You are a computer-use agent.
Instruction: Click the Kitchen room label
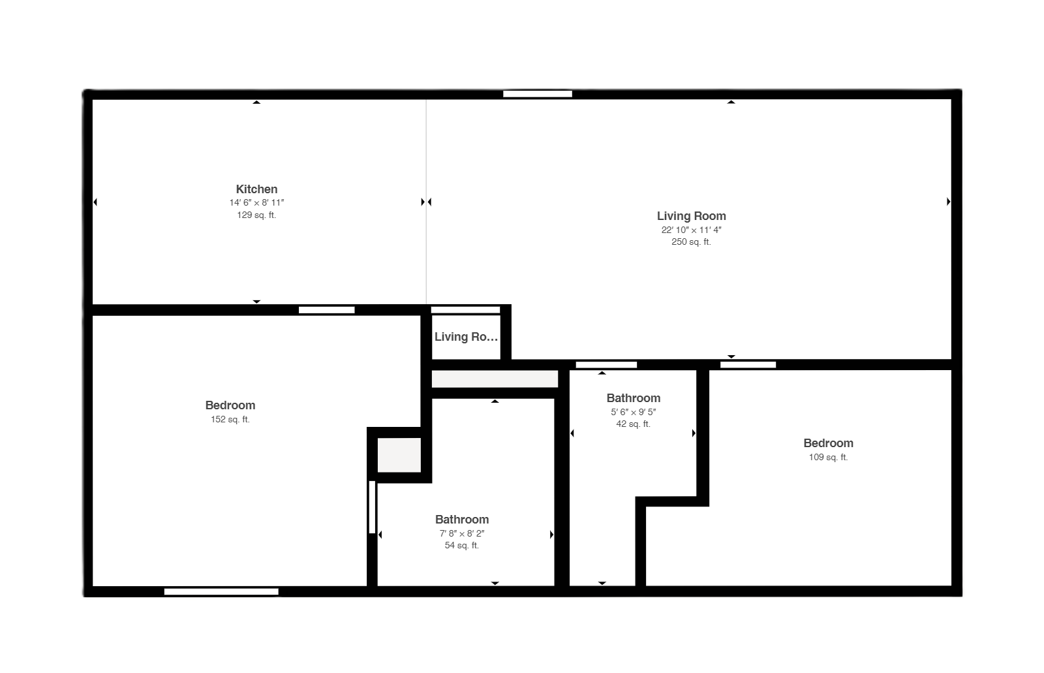pos(256,189)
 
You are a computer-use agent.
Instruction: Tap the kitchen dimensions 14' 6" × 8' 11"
pos(256,203)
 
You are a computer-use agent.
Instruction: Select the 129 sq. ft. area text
pos(256,215)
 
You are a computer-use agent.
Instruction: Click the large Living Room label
pos(691,216)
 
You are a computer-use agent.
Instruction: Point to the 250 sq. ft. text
pos(691,242)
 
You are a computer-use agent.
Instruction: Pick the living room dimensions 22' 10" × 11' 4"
pos(691,230)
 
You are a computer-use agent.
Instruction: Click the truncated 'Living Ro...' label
pos(466,337)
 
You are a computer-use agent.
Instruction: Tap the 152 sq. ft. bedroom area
pos(230,419)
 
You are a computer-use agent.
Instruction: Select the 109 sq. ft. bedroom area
pos(828,457)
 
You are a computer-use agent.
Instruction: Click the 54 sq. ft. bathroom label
pos(461,545)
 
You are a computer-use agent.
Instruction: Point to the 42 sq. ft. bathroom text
pos(633,424)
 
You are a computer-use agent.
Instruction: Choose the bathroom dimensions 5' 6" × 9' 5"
pos(633,412)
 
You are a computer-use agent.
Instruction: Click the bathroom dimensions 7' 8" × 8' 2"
pos(461,533)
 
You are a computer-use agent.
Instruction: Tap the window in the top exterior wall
pos(538,94)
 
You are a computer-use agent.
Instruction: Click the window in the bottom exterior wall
pos(221,591)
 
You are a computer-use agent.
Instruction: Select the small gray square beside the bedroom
pos(399,455)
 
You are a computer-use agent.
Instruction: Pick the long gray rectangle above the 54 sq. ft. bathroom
pos(495,379)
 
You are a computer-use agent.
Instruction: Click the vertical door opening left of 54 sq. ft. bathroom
pos(372,507)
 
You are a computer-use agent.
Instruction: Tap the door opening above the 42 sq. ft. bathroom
pos(606,365)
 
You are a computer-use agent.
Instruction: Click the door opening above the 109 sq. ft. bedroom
pos(748,365)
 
